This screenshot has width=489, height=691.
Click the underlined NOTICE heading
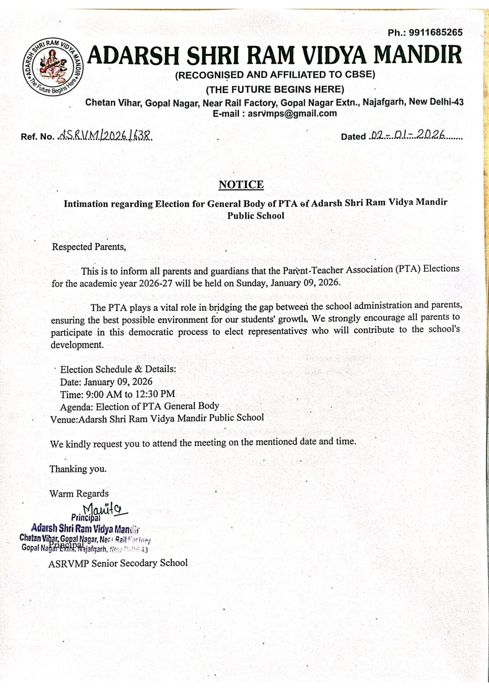pyautogui.click(x=241, y=184)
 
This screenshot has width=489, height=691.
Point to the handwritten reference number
pyautogui.click(x=105, y=135)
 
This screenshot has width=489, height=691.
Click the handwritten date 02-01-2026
pyautogui.click(x=407, y=135)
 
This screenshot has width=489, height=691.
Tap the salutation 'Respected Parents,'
pyautogui.click(x=86, y=247)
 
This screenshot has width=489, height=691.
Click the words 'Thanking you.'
pyautogui.click(x=78, y=469)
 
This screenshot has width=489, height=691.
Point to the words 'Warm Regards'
pyautogui.click(x=79, y=494)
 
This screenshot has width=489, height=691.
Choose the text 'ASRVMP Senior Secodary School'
pyautogui.click(x=118, y=563)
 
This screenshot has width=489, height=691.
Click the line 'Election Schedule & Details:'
pyautogui.click(x=118, y=369)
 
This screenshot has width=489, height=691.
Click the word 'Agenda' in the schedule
pyautogui.click(x=76, y=406)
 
